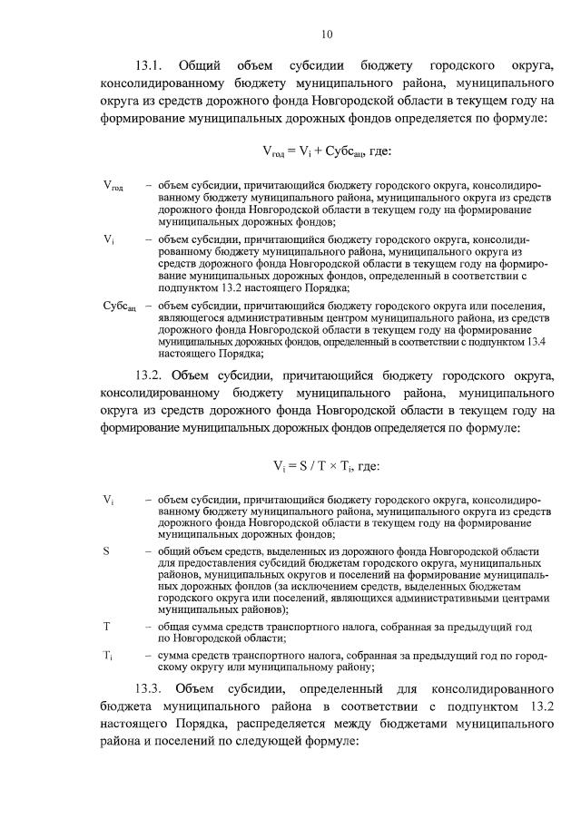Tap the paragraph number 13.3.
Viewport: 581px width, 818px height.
coord(149,685)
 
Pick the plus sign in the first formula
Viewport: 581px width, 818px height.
coord(307,150)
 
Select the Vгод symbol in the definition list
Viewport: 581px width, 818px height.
coord(113,186)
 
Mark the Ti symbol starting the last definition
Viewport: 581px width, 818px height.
coord(108,655)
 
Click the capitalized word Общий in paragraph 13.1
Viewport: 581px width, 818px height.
coord(201,66)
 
